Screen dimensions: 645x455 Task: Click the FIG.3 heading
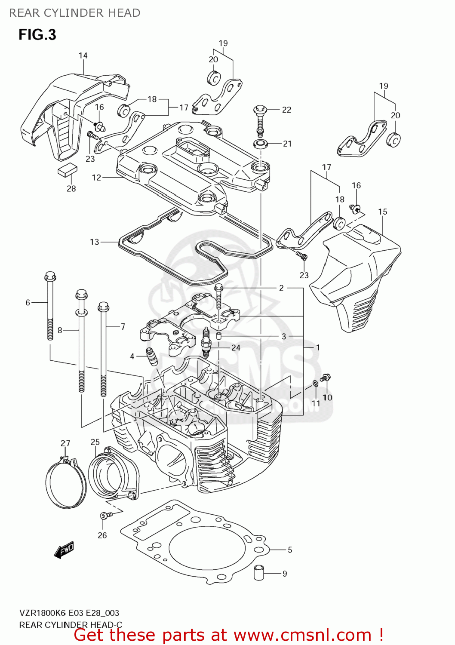click(x=37, y=34)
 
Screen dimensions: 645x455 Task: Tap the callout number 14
click(x=83, y=55)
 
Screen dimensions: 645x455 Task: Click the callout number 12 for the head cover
click(x=96, y=177)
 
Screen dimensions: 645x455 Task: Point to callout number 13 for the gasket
click(x=95, y=242)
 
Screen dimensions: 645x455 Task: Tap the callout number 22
click(x=286, y=110)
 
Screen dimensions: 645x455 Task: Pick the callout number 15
click(x=382, y=212)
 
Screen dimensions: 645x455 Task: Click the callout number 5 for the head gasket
click(x=290, y=550)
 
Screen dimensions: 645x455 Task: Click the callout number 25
click(x=95, y=442)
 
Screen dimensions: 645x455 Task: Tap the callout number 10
click(x=327, y=397)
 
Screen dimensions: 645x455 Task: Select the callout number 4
click(x=132, y=356)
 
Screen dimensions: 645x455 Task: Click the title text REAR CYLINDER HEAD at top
click(x=75, y=13)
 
